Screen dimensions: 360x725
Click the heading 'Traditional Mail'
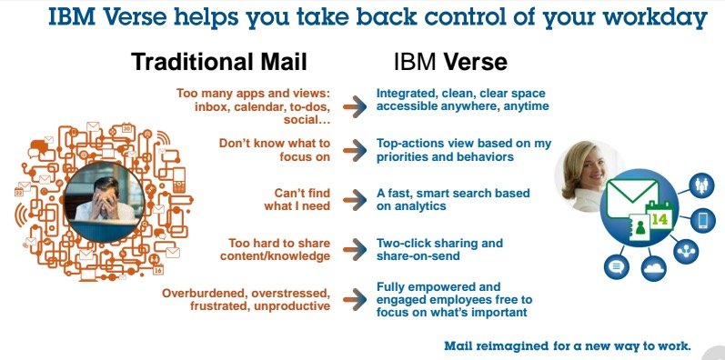(x=218, y=62)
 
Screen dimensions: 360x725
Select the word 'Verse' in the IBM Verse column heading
(x=476, y=62)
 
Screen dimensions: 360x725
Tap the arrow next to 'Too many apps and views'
(x=354, y=105)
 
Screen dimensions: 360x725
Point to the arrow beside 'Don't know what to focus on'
(x=354, y=149)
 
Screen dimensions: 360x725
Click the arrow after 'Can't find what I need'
(x=354, y=199)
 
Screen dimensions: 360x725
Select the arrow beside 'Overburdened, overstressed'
(x=354, y=299)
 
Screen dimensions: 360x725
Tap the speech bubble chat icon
(x=616, y=266)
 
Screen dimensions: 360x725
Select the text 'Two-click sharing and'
(x=439, y=244)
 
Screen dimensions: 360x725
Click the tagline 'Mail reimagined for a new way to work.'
(x=568, y=345)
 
